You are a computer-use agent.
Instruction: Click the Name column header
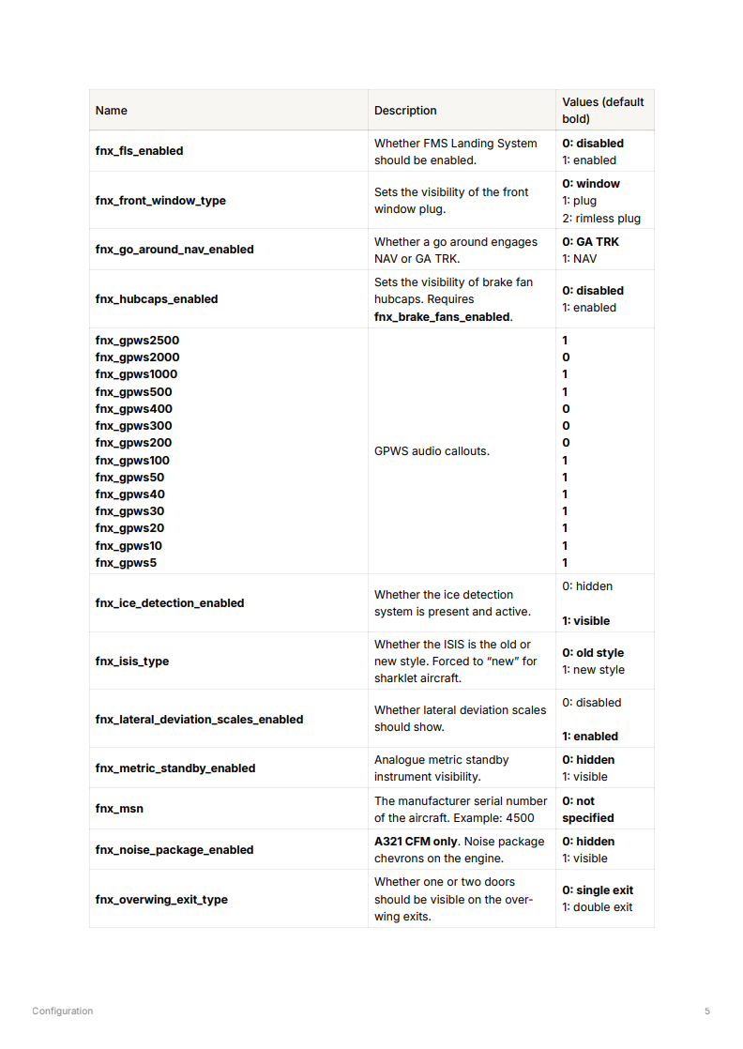(x=111, y=111)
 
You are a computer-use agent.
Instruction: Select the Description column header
(x=405, y=111)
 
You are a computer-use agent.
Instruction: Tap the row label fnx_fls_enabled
(x=139, y=151)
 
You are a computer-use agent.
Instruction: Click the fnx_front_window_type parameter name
(x=160, y=201)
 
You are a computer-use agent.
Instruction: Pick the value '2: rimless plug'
(x=601, y=219)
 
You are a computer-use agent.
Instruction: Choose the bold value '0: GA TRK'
(x=590, y=242)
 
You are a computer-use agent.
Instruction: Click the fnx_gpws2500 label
(x=137, y=341)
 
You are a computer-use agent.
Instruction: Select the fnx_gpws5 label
(x=126, y=563)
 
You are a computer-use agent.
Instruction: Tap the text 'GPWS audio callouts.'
(x=432, y=451)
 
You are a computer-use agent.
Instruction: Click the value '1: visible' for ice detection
(x=585, y=621)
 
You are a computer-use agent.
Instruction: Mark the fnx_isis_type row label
(x=132, y=661)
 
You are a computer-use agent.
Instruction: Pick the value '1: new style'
(x=593, y=670)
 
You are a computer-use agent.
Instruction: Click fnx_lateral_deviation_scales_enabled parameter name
(x=199, y=720)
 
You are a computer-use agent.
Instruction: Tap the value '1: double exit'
(x=597, y=907)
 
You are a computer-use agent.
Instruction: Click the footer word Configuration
(x=62, y=1011)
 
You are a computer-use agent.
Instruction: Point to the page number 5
(x=707, y=1011)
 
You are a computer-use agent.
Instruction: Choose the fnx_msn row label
(x=119, y=809)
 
